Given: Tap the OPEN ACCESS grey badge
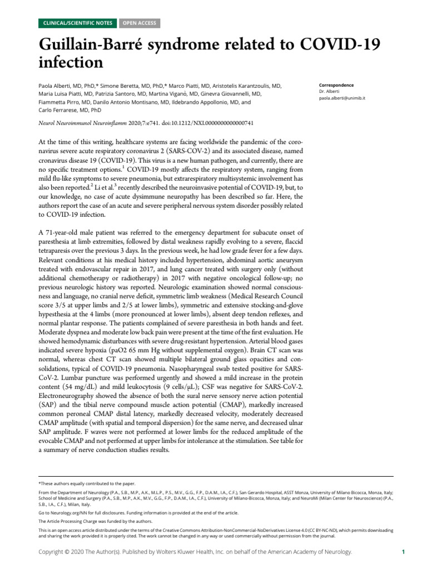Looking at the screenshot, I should coord(138,23).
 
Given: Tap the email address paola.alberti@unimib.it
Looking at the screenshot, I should coord(342,97).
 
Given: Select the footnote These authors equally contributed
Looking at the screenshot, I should coord(86,483).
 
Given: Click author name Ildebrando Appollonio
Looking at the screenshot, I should coord(208,102).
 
